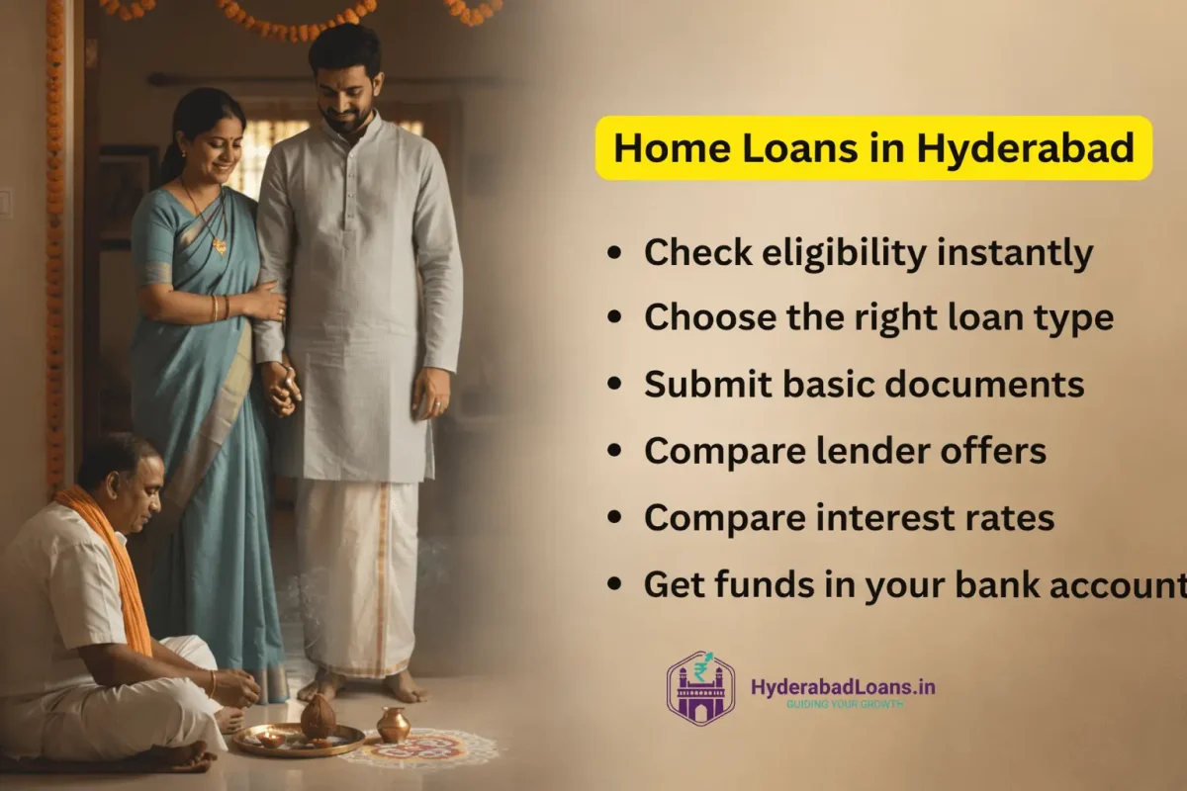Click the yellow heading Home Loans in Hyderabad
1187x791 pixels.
pos(873,148)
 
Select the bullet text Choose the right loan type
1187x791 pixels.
pos(878,318)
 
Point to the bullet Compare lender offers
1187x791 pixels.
pos(845,451)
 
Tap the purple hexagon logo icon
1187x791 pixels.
pos(700,687)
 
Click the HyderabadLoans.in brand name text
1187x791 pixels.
pos(843,686)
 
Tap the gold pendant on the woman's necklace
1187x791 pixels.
pos(220,245)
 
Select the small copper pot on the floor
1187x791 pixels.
pos(393,725)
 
